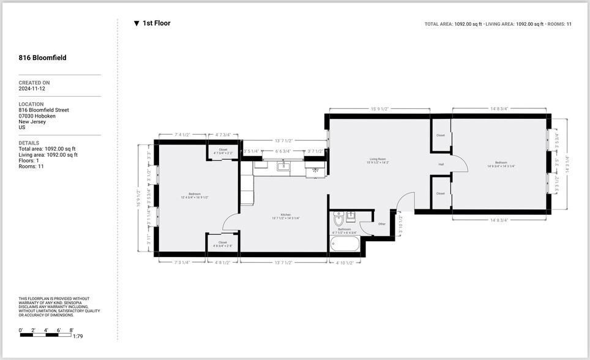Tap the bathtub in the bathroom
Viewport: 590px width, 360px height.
tap(346, 244)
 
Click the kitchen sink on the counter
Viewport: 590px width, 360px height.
tap(283, 165)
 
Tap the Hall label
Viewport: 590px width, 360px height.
tap(441, 164)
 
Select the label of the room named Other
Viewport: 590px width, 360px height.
tap(382, 224)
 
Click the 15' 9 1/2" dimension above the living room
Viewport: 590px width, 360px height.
tap(379, 109)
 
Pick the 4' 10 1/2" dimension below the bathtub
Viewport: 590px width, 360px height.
tap(345, 263)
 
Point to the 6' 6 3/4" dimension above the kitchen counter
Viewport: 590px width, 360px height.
tap(283, 151)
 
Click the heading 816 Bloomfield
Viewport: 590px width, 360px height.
tap(42, 58)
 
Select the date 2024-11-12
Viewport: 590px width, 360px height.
tap(32, 89)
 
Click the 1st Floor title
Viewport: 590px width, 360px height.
tap(156, 23)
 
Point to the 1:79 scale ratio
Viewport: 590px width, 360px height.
tap(78, 336)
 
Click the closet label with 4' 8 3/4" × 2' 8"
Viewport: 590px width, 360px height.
tap(222, 244)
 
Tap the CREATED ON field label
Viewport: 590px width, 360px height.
tap(34, 83)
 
